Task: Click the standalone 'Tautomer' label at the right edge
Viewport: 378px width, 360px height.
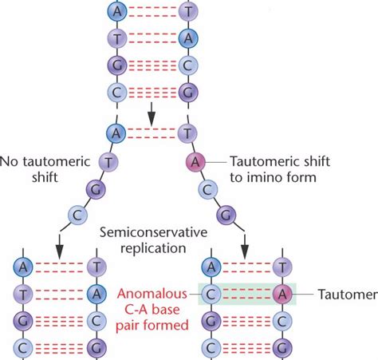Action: (346, 295)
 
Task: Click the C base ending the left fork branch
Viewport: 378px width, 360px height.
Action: (77, 215)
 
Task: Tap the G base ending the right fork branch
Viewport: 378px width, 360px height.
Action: (228, 215)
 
